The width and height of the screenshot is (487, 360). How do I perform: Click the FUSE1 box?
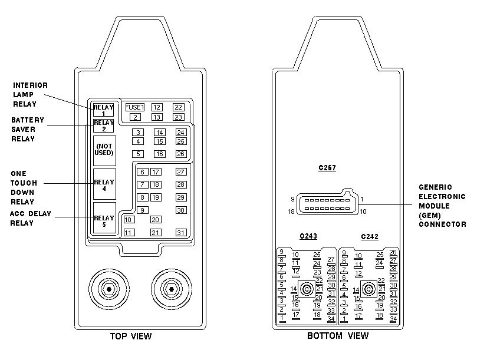(x=135, y=107)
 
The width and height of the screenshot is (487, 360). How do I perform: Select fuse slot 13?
(x=157, y=117)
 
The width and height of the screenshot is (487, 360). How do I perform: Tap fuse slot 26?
(x=181, y=154)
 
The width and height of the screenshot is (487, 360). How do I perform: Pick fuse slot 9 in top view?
(x=143, y=210)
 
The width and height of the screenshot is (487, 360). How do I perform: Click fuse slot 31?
(x=181, y=233)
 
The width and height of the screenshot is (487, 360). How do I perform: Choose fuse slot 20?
(x=155, y=220)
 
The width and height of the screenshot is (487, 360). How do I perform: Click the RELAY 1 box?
(x=103, y=110)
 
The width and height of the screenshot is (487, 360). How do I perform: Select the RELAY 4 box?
(x=105, y=184)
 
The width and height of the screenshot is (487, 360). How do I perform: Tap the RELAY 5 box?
(x=105, y=218)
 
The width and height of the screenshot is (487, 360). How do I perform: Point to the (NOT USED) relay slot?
(x=105, y=150)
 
